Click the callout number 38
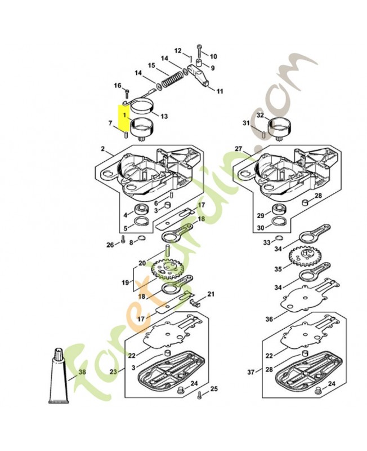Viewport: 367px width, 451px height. (x=82, y=373)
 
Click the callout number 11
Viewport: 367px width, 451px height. (x=220, y=91)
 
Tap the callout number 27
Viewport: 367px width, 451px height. (x=239, y=149)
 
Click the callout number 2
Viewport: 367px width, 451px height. (x=103, y=149)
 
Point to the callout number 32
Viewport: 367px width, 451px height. (x=260, y=115)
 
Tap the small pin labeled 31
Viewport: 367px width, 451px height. (x=264, y=134)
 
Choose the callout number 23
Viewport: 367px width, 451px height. (x=115, y=372)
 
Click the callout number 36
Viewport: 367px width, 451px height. (x=269, y=320)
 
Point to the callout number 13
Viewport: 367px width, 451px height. (x=164, y=117)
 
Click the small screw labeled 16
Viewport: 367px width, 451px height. (x=128, y=92)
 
